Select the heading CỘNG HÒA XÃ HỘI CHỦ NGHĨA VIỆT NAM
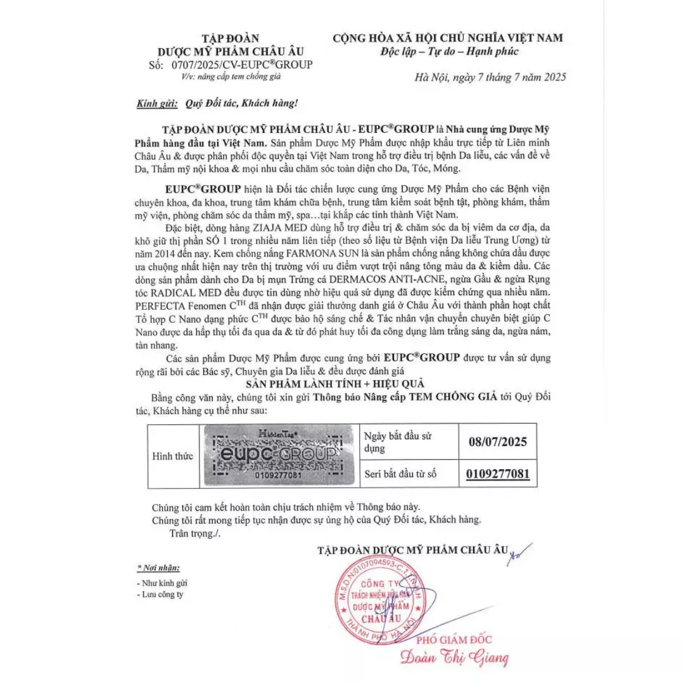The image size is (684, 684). (448, 38)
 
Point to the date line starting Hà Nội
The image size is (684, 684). (490, 77)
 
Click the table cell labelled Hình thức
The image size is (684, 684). (173, 456)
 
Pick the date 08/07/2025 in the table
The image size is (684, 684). (497, 441)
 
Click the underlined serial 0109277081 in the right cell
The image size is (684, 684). (497, 473)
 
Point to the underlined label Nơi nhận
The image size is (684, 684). (158, 567)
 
